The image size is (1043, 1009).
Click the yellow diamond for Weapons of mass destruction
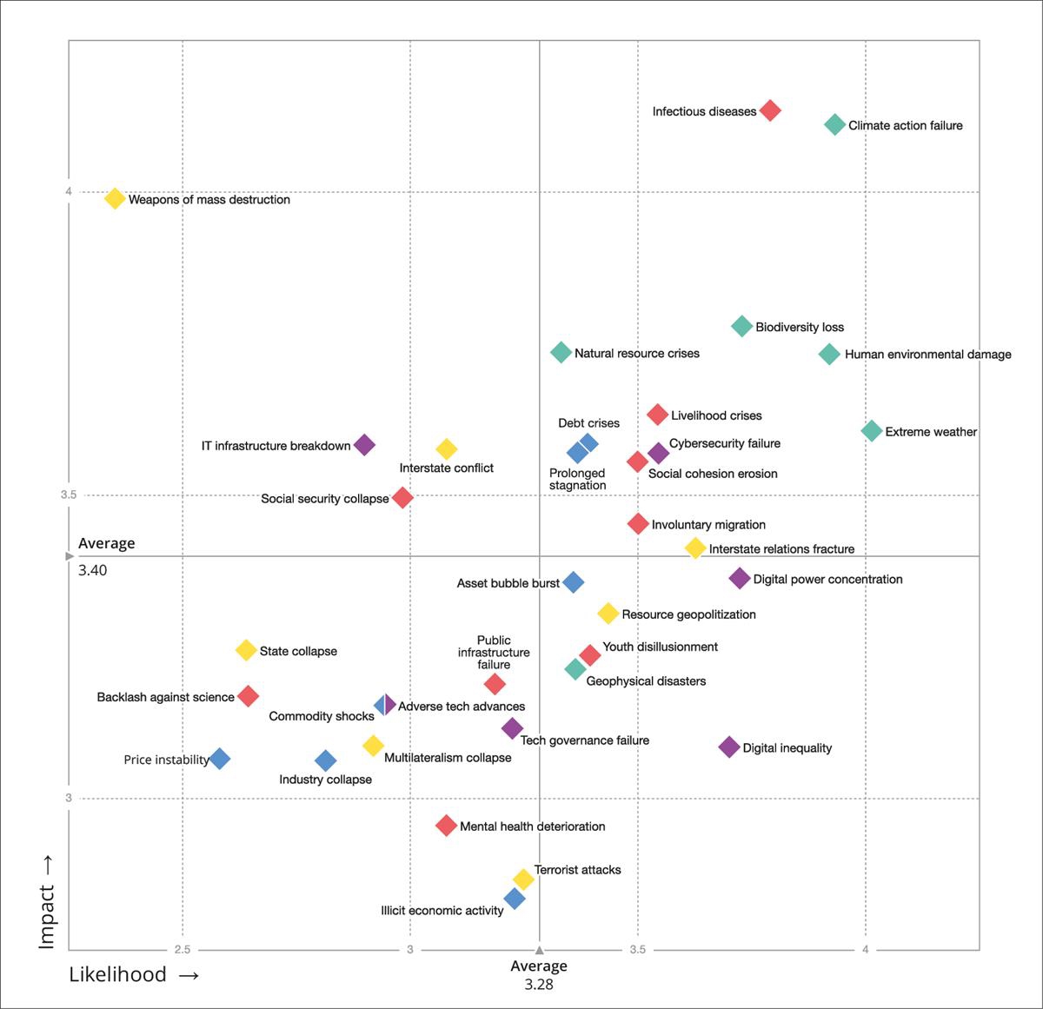tap(115, 198)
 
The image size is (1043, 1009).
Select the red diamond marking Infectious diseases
tap(770, 110)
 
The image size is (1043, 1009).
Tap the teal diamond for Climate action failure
tap(834, 124)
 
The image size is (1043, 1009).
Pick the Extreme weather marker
tap(872, 431)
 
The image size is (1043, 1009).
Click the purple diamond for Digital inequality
tap(729, 747)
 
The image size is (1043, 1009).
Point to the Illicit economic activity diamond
tap(515, 899)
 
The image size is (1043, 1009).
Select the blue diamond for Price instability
tap(220, 759)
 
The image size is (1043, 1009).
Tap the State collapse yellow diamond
tap(246, 650)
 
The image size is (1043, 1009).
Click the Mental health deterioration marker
tap(446, 826)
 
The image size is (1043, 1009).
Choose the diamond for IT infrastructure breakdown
tap(365, 445)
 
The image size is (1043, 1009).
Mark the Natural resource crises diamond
tap(561, 353)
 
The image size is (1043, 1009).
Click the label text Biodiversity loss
tap(800, 328)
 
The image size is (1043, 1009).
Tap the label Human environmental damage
tap(927, 355)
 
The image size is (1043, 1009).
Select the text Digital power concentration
tap(827, 580)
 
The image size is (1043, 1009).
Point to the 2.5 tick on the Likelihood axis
tap(182, 949)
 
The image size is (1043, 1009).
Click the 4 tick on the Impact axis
tap(69, 191)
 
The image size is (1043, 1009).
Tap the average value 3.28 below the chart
tap(539, 985)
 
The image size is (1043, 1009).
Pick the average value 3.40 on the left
tap(93, 571)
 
